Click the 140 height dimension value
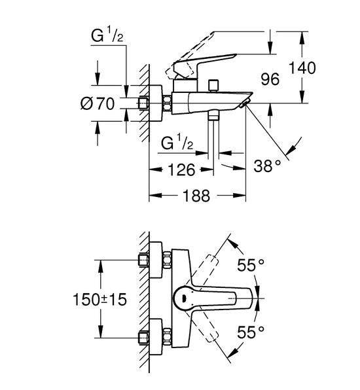(x=302, y=67)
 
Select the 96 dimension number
(x=270, y=79)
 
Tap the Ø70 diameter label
(x=98, y=103)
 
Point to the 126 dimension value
(x=181, y=170)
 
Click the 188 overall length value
(x=196, y=196)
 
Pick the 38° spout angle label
(x=267, y=166)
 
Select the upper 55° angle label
(x=250, y=264)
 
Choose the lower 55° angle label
(x=250, y=332)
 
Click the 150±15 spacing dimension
(x=99, y=299)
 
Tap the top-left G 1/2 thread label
(x=107, y=35)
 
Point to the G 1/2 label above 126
(x=177, y=143)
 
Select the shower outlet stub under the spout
(x=213, y=116)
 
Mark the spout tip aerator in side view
(x=245, y=103)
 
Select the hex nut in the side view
(x=167, y=103)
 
